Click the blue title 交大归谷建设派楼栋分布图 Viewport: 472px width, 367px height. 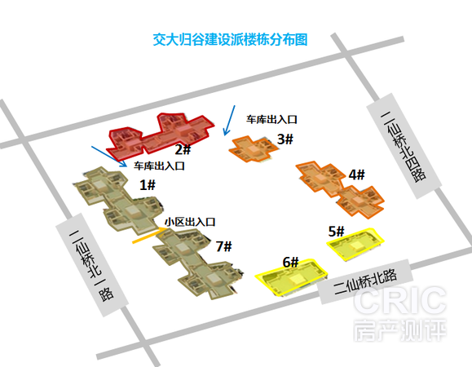[x=230, y=40]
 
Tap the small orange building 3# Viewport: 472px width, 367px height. [x=254, y=149]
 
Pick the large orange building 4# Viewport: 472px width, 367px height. [x=340, y=188]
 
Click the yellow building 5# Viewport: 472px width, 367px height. [x=355, y=244]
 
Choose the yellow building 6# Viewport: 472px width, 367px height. [x=291, y=277]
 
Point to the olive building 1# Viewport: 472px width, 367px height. [x=119, y=200]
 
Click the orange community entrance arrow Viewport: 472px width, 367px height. [x=150, y=236]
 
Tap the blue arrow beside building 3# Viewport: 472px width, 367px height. [x=229, y=121]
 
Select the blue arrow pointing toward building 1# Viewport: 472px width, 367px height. [x=109, y=157]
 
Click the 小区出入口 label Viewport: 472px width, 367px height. [x=190, y=222]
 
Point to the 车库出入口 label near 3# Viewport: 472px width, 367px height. [x=271, y=120]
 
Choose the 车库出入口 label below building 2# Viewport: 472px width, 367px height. [x=159, y=166]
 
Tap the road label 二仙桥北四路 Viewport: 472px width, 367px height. [x=404, y=147]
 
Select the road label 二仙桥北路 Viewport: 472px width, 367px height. [x=365, y=281]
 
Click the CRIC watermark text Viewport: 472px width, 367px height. [x=399, y=301]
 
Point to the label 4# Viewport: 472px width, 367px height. [x=357, y=175]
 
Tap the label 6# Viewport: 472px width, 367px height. [x=290, y=263]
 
